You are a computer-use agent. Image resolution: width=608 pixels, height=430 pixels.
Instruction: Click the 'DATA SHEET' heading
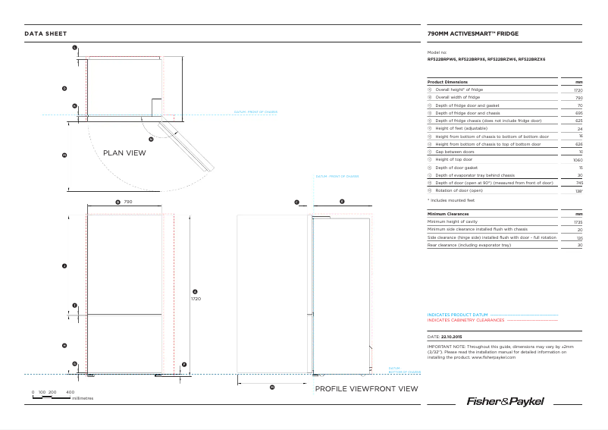pos(45,34)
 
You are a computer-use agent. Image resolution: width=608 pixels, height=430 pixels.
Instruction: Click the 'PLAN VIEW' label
pos(124,153)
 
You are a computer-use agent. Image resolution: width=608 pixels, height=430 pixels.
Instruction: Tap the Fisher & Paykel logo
pos(505,400)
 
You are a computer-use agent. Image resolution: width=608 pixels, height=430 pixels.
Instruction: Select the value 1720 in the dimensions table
pos(578,89)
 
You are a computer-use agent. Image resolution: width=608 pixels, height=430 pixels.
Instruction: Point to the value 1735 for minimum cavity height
pos(578,222)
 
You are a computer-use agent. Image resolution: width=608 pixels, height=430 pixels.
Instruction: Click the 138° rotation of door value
pos(578,190)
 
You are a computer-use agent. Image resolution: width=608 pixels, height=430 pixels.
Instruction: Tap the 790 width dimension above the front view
pos(128,202)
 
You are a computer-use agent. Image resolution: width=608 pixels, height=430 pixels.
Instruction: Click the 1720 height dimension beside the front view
pos(195,299)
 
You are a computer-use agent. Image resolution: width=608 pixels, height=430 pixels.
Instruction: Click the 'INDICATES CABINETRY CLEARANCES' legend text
pos(465,320)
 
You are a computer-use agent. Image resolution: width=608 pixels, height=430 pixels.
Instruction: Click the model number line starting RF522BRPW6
pos(487,59)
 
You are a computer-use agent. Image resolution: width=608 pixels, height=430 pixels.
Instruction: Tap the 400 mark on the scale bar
pos(71,391)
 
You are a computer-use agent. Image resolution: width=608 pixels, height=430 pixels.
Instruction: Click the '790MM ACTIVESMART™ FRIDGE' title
pos(473,34)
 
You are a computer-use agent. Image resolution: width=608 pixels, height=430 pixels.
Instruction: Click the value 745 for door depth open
pos(578,183)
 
